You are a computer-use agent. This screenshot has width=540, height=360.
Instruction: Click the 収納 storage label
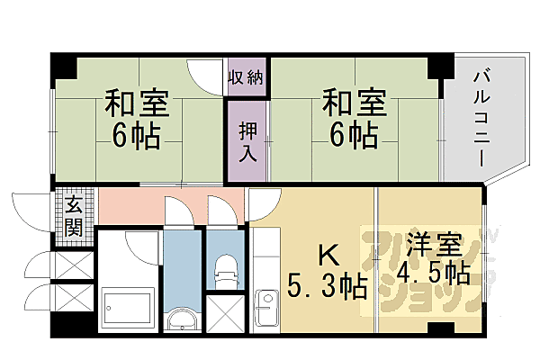245,77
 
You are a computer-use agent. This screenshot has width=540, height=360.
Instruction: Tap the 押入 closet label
247,140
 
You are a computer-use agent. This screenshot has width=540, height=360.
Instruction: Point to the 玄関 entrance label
73,215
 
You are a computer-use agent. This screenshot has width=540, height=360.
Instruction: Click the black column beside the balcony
440,65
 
